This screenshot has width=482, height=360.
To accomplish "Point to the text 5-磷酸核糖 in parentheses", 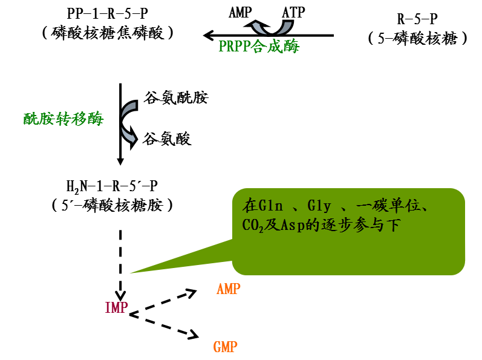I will [417, 38].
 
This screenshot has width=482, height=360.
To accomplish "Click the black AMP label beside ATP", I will [241, 11].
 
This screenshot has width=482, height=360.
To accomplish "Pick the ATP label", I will [293, 11].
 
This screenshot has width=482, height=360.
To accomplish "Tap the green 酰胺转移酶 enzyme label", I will [63, 119].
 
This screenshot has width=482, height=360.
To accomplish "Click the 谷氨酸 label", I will [167, 139].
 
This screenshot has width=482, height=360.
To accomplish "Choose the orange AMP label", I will [228, 289].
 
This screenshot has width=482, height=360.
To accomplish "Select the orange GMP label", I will [225, 347].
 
